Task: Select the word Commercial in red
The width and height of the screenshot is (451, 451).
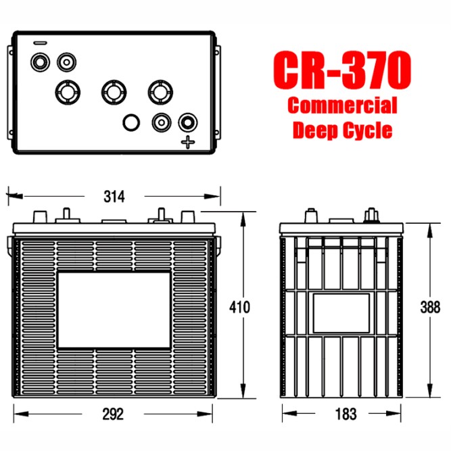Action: coord(341,106)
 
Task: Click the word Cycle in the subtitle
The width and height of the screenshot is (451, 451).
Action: coord(366,130)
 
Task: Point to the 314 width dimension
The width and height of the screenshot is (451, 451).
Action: coord(114,197)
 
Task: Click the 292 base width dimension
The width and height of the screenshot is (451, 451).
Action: coord(114,413)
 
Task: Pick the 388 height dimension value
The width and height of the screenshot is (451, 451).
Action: coord(429,307)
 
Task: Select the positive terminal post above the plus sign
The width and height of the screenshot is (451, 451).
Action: coord(187,122)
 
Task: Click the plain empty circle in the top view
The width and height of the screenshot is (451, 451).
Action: coord(130,122)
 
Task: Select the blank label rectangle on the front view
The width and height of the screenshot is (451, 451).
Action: coord(114,308)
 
